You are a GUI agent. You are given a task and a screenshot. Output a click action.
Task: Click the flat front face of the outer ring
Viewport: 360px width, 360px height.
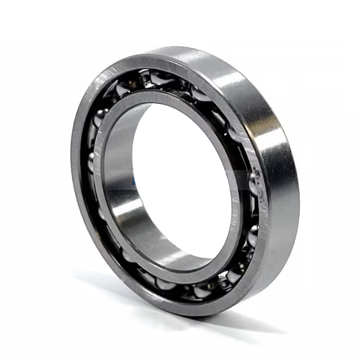click(x=81, y=180)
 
